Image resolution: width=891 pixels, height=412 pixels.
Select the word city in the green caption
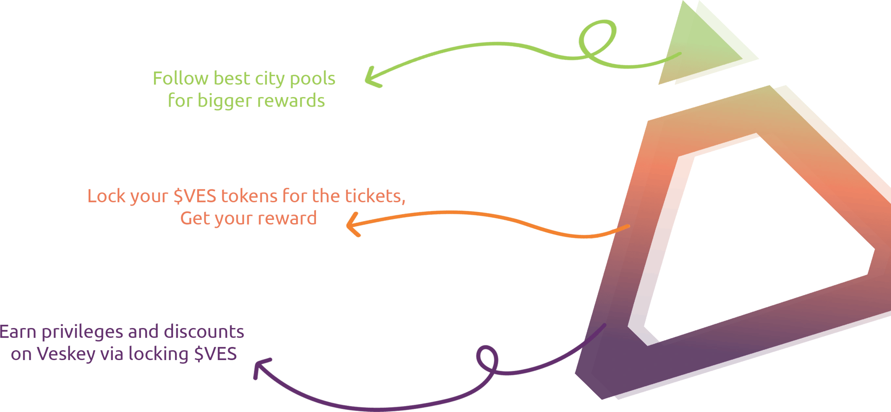(x=270, y=79)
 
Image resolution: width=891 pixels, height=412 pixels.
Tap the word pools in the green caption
(x=312, y=79)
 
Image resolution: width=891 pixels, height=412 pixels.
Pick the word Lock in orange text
(x=104, y=196)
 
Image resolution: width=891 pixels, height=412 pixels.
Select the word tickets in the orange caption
(x=374, y=196)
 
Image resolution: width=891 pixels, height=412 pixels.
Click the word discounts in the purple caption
(x=204, y=332)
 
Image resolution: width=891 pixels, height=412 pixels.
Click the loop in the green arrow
(x=599, y=39)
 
